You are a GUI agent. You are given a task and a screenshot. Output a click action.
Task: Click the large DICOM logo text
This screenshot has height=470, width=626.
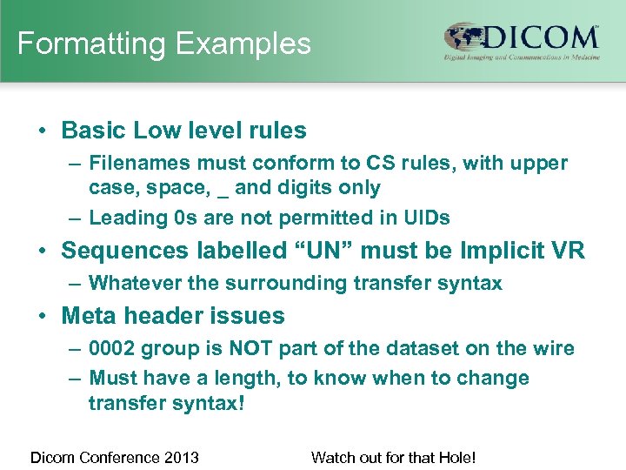(x=541, y=38)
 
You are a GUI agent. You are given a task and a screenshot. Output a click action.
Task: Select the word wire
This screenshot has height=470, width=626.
(x=554, y=348)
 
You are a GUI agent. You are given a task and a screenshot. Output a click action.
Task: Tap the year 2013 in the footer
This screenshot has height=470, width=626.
(x=182, y=457)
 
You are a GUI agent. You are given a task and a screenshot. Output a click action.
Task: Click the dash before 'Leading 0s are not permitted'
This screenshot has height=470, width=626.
(x=74, y=218)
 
